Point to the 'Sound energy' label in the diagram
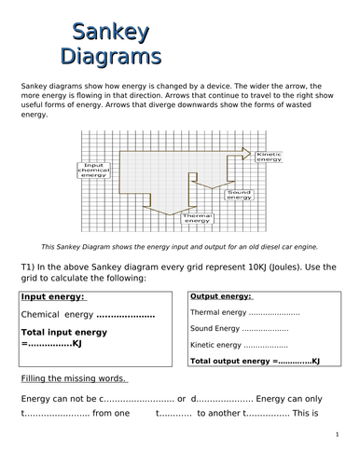tap(239, 195)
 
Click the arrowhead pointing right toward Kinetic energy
tap(245, 152)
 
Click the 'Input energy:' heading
tap(52, 296)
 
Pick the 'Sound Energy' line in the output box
tap(238, 329)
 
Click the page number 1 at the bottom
tap(334, 434)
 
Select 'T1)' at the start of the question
tap(29, 265)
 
